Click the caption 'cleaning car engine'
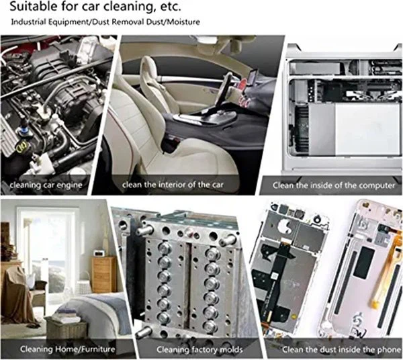click(46, 185)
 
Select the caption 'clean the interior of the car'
click(173, 185)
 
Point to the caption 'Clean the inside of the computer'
click(334, 185)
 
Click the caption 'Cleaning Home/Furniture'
click(68, 349)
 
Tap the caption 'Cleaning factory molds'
click(199, 350)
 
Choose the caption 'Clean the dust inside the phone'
click(342, 350)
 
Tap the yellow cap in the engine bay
click(22, 147)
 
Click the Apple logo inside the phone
click(284, 226)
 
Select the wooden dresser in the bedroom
click(104, 275)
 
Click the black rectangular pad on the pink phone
click(364, 263)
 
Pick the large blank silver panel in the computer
click(367, 130)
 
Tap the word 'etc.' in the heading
click(171, 7)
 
